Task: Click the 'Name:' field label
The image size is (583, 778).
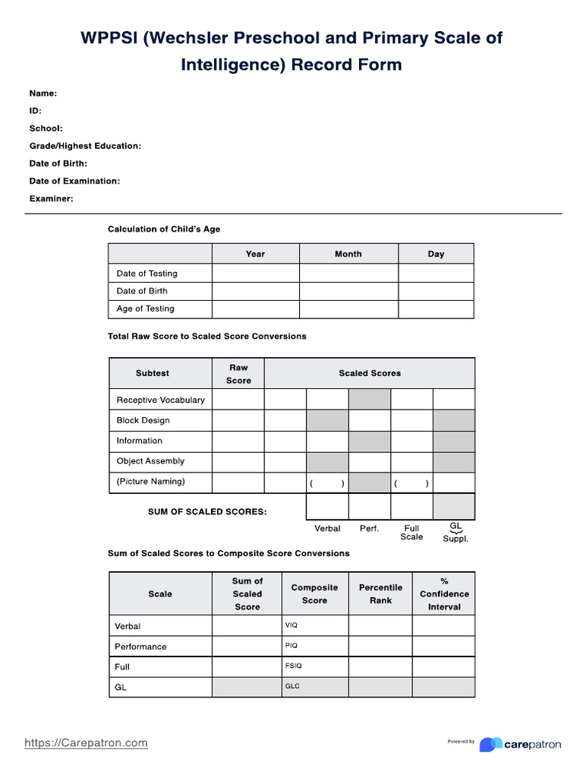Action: [x=43, y=93]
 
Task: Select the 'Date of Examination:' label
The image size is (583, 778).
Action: [x=74, y=181]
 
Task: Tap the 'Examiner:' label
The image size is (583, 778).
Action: [x=52, y=198]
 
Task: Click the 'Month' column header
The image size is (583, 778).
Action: [x=348, y=254]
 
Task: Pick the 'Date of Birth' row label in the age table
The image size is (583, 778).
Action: [x=142, y=291]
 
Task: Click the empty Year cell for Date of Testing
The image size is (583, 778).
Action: [x=255, y=274]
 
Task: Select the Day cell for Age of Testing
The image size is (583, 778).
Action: [x=436, y=308]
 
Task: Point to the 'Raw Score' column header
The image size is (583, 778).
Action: [x=238, y=374]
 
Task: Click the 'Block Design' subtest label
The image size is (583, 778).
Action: [x=143, y=420]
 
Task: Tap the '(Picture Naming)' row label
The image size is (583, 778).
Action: [x=150, y=481]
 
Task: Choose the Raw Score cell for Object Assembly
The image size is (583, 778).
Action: [x=238, y=461]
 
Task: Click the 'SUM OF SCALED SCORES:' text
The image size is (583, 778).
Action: [x=207, y=512]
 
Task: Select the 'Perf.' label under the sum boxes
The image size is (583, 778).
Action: [x=369, y=528]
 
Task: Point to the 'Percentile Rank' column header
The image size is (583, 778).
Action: [x=380, y=593]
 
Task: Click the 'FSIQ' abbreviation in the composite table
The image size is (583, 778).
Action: [x=293, y=666]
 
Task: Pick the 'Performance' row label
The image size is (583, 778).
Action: [x=140, y=647]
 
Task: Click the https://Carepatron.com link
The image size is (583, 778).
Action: [x=86, y=743]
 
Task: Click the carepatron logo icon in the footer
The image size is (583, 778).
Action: [x=490, y=744]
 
